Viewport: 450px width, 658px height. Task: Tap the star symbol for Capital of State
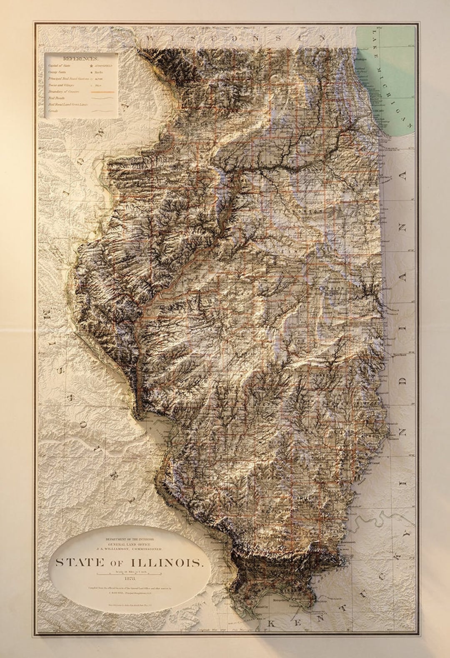[x=90, y=65]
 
